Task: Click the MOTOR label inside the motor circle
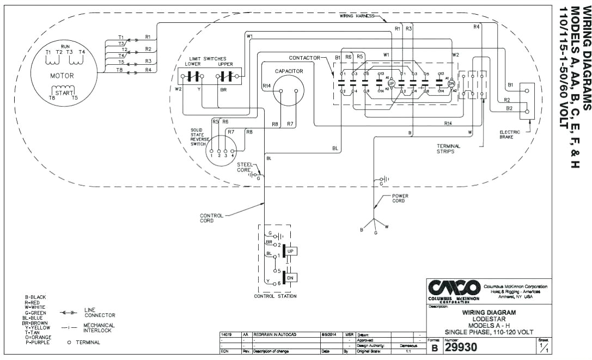pyautogui.click(x=62, y=76)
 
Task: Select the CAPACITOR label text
pyautogui.click(x=289, y=71)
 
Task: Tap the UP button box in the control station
pyautogui.click(x=291, y=251)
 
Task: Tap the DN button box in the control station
pyautogui.click(x=291, y=277)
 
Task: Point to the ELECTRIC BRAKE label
pyautogui.click(x=509, y=135)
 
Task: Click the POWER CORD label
pyautogui.click(x=400, y=198)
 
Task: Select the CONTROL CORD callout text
pyautogui.click(x=211, y=218)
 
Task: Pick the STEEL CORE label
pyautogui.click(x=244, y=167)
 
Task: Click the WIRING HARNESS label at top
pyautogui.click(x=357, y=16)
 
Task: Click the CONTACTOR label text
pyautogui.click(x=304, y=58)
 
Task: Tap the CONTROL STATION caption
pyautogui.click(x=275, y=296)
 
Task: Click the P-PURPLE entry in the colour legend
pyautogui.click(x=35, y=342)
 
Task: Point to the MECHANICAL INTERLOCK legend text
pyautogui.click(x=99, y=328)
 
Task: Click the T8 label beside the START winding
pyautogui.click(x=52, y=97)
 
